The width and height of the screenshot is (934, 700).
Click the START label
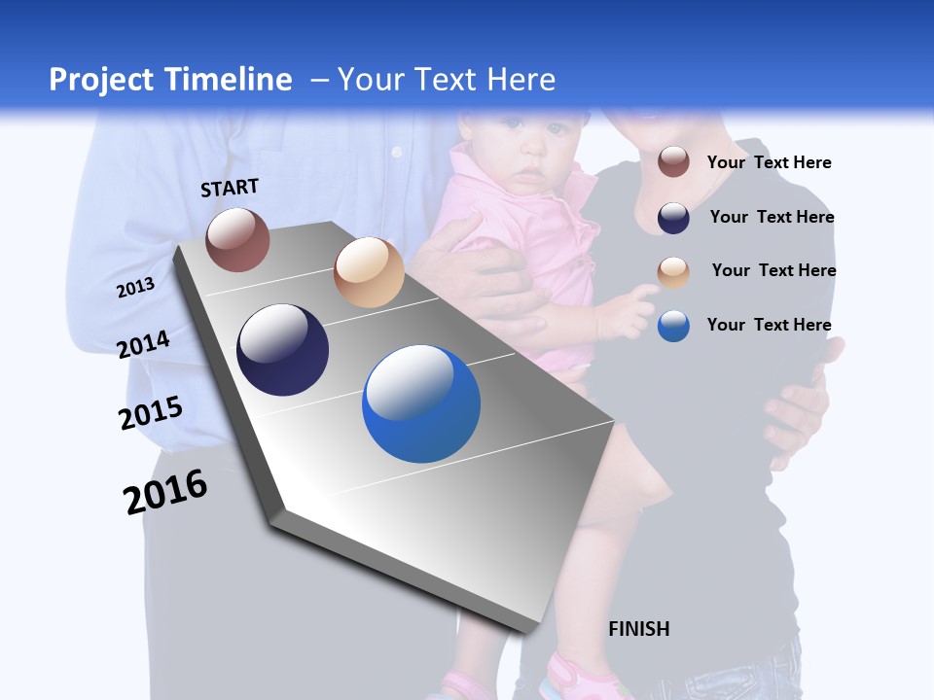(x=230, y=188)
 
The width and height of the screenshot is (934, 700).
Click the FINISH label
(x=639, y=629)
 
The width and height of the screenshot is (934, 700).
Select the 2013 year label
(x=135, y=288)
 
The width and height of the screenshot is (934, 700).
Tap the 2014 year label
(x=143, y=345)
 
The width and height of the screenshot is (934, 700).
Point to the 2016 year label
(x=165, y=491)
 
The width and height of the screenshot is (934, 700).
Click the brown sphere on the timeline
(x=237, y=239)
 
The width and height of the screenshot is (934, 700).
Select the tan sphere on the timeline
(x=369, y=272)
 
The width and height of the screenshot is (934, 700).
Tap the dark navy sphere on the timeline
(x=283, y=350)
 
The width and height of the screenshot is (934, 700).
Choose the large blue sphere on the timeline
(x=421, y=403)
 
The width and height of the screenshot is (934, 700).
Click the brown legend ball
(x=673, y=162)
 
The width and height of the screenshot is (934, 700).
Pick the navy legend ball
(x=673, y=218)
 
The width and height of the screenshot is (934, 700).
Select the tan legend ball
(x=673, y=272)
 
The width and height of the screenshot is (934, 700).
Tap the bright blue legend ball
(x=673, y=326)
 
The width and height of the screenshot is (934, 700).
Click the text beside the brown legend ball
(x=769, y=162)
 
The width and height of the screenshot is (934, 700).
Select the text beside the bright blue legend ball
(x=769, y=325)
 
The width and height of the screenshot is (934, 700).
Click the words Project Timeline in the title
(x=170, y=80)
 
